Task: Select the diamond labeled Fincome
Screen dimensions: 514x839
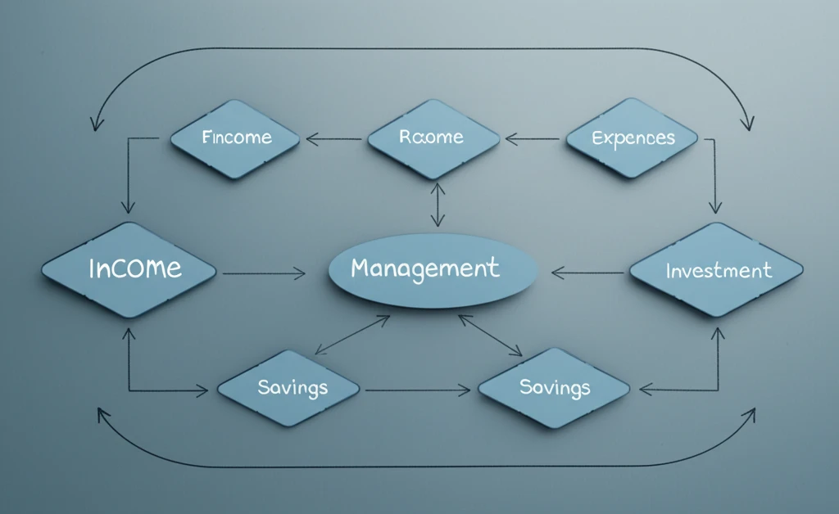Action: point(234,138)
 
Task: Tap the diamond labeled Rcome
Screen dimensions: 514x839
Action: point(433,138)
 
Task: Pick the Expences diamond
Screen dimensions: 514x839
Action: point(633,138)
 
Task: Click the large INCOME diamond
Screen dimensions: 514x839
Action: point(129,269)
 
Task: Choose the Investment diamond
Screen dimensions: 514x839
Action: point(716,269)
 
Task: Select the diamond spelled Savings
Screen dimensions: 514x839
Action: point(288,388)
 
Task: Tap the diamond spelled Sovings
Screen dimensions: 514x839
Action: point(555,388)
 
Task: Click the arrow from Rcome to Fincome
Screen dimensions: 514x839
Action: point(334,139)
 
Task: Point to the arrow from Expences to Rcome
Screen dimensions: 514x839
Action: point(533,139)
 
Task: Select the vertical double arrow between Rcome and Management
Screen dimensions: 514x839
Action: point(438,205)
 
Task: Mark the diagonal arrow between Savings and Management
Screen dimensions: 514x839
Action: point(352,335)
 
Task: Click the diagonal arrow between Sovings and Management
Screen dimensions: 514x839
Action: point(490,335)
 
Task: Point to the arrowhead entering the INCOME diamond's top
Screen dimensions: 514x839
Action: point(128,209)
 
